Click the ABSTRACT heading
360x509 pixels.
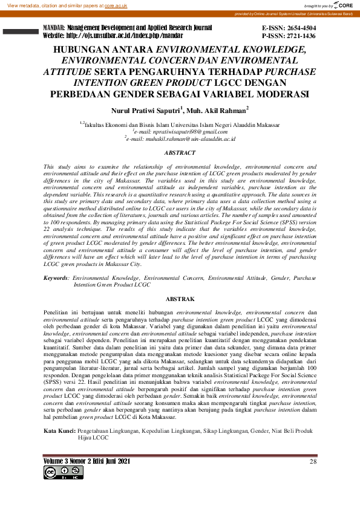click(180, 154)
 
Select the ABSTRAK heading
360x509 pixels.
click(180, 299)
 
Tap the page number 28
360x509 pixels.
click(313, 461)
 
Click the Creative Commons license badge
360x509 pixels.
click(59, 472)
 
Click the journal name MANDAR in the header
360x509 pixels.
click(54, 28)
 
